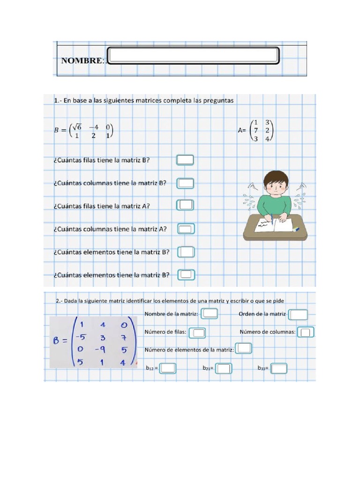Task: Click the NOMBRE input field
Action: (x=193, y=55)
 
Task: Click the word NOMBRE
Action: (x=82, y=61)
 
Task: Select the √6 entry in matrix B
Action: (x=77, y=127)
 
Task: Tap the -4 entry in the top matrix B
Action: (x=93, y=127)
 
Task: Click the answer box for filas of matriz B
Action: (x=185, y=160)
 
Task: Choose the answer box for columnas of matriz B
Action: (x=186, y=183)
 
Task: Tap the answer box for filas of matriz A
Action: (x=186, y=205)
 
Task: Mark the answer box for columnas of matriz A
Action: (x=186, y=229)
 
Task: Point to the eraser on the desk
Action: (x=296, y=229)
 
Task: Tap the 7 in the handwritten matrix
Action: (x=123, y=337)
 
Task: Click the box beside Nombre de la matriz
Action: (x=210, y=314)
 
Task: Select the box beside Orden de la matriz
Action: (x=299, y=315)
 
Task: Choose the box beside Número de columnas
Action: (x=306, y=332)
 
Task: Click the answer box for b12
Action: (x=168, y=368)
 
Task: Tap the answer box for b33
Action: (x=279, y=368)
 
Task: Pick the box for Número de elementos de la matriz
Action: (x=243, y=348)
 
